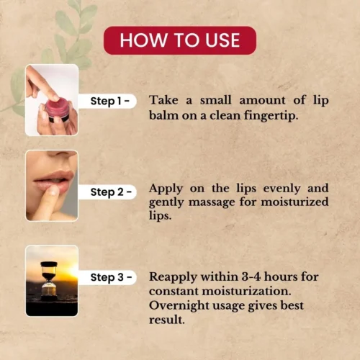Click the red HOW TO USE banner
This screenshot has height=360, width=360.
[180, 40]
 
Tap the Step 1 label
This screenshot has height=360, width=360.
[110, 101]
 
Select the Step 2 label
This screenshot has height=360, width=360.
[111, 192]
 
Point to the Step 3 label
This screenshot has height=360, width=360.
[111, 277]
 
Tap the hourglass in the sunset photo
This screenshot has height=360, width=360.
[49, 281]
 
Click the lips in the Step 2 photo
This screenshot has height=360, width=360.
[53, 181]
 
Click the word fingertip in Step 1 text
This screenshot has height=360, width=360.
[271, 116]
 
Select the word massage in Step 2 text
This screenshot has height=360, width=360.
[212, 202]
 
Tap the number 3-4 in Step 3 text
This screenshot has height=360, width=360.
[251, 276]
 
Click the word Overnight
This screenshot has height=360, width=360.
[179, 306]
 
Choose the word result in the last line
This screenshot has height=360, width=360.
[167, 320]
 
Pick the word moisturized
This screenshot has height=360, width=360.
[294, 202]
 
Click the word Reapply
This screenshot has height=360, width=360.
[173, 277]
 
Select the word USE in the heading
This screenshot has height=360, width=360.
[222, 40]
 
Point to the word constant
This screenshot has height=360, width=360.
[174, 292]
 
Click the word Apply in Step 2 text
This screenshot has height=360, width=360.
[166, 189]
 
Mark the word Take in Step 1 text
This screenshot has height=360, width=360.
[163, 100]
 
